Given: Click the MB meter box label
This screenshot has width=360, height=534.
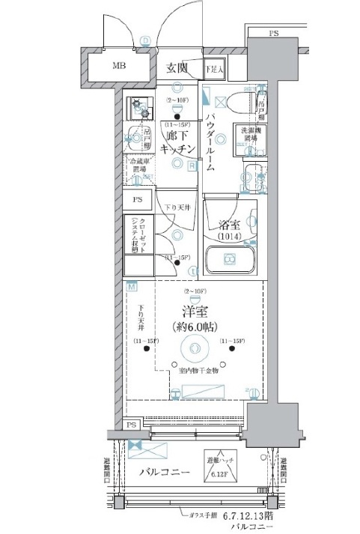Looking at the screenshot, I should [x=120, y=66].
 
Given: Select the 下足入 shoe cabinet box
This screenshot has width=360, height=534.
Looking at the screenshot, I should [x=214, y=68].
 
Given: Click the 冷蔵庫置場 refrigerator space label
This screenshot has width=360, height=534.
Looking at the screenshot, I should [x=138, y=165].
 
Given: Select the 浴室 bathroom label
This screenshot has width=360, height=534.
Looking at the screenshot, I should [x=229, y=223].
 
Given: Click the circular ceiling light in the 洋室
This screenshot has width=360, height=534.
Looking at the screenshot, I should [x=194, y=348].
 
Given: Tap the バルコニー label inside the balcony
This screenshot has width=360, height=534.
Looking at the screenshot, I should [x=164, y=473].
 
